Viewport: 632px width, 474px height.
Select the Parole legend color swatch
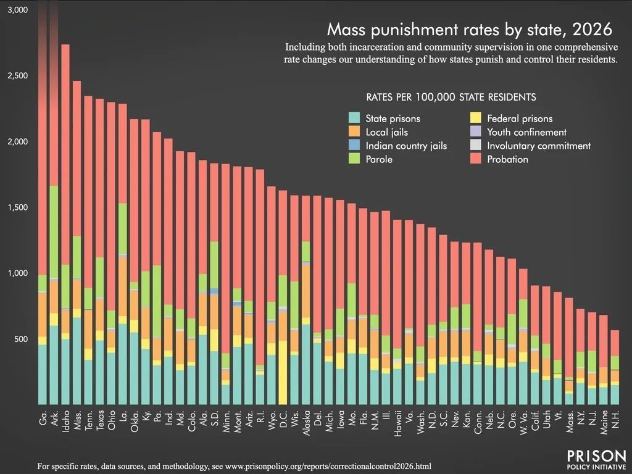(354, 159)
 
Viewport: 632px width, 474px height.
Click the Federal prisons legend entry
(520, 118)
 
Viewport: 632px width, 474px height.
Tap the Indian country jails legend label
(406, 146)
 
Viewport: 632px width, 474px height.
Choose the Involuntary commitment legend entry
(539, 146)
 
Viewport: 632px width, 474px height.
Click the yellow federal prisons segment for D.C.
(282, 370)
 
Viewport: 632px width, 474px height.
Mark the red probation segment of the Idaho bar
(65, 154)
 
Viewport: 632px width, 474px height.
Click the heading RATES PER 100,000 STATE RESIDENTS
(451, 97)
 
